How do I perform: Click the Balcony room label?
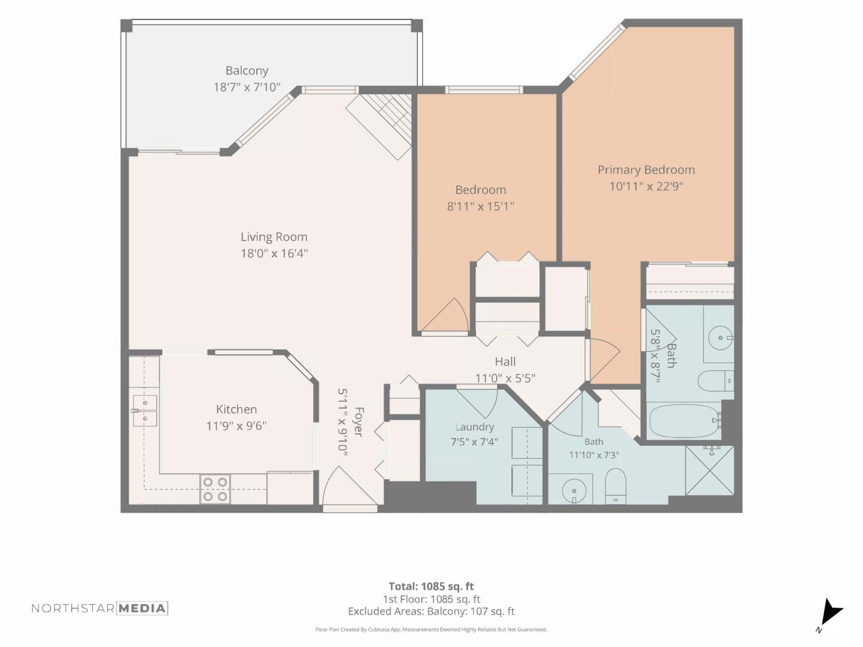tap(247, 71)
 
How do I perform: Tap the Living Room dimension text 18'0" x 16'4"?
tap(274, 253)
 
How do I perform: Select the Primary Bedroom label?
tap(646, 170)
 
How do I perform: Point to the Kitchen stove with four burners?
tap(215, 488)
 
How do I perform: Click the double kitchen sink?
tap(145, 410)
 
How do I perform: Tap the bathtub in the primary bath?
tap(684, 421)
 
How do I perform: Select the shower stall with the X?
tap(710, 470)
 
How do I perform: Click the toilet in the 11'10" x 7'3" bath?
tap(615, 486)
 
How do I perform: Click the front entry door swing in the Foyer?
tap(350, 486)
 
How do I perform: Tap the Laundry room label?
tap(475, 427)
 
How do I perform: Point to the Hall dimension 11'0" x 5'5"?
tap(505, 378)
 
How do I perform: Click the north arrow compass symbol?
tap(830, 613)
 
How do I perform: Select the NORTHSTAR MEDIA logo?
tap(100, 609)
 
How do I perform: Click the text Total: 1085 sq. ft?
tap(432, 587)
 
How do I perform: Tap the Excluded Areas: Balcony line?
tap(432, 611)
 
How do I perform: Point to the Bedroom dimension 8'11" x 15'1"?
tap(481, 207)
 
